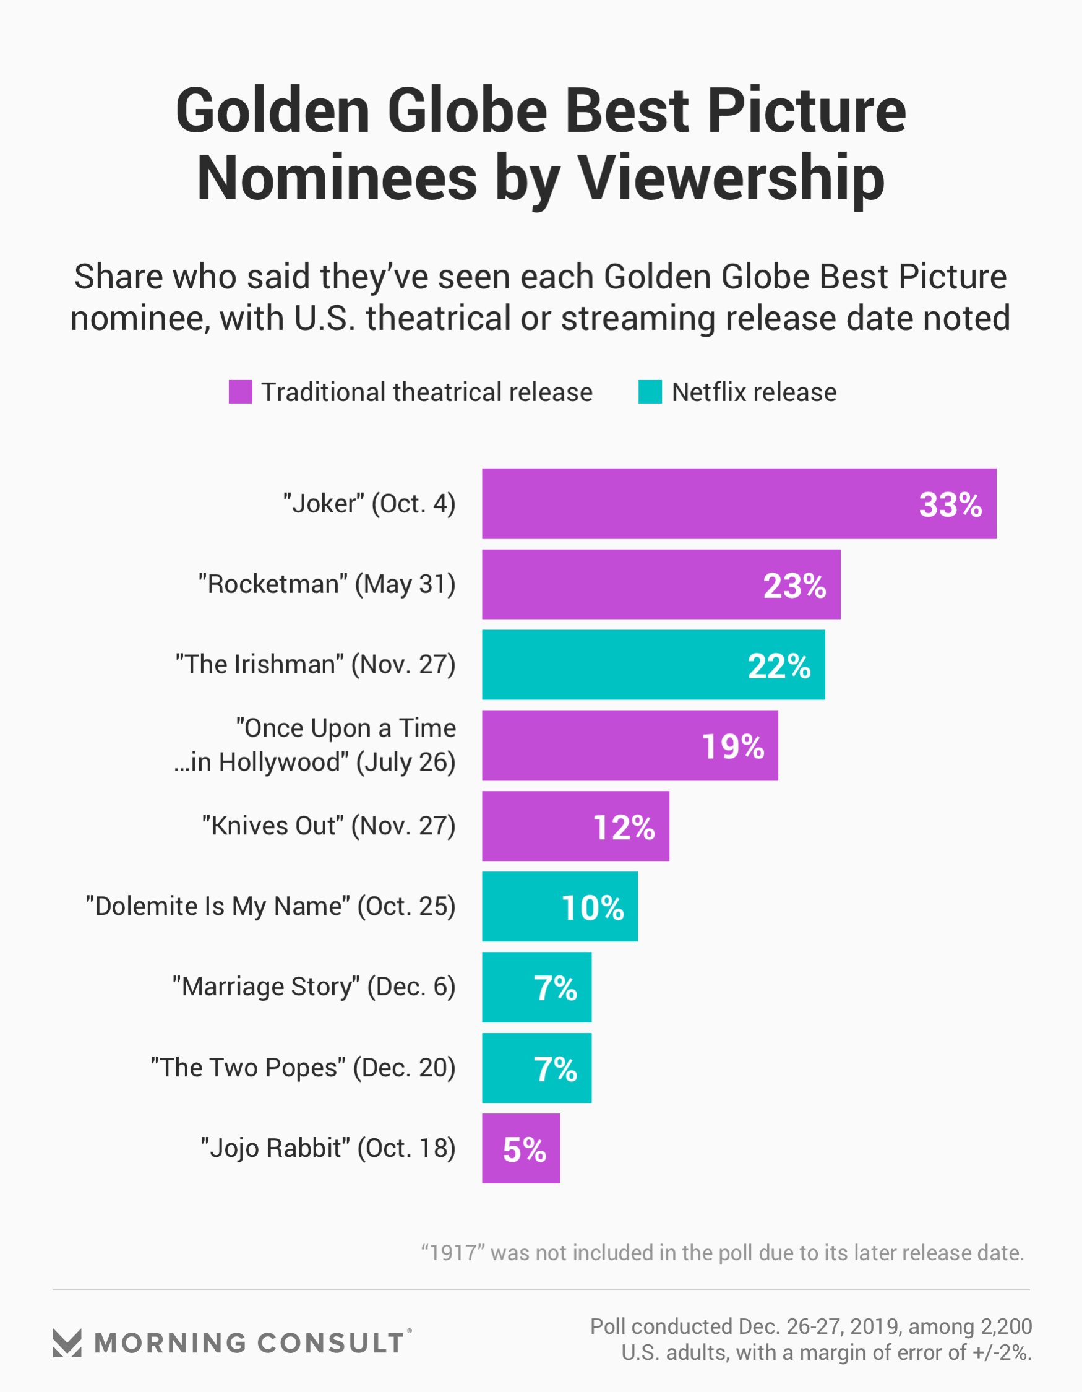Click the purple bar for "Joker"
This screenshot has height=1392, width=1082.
point(701,504)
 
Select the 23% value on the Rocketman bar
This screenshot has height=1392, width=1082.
point(794,585)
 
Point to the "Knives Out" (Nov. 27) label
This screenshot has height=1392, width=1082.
point(328,826)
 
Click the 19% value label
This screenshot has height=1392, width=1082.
point(733,746)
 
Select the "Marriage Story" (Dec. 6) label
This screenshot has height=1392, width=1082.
point(314,987)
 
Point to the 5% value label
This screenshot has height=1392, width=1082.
point(525,1150)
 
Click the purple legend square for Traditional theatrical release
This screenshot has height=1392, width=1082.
point(240,392)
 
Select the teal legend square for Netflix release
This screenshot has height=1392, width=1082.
point(650,392)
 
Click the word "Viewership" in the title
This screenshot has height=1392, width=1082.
point(730,178)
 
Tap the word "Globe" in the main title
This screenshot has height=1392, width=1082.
point(467,111)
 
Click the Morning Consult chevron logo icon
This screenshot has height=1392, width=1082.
point(67,1343)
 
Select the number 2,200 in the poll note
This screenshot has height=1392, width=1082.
point(1006,1326)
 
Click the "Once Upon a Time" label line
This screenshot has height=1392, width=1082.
point(346,728)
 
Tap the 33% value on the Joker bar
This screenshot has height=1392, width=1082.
point(950,505)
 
